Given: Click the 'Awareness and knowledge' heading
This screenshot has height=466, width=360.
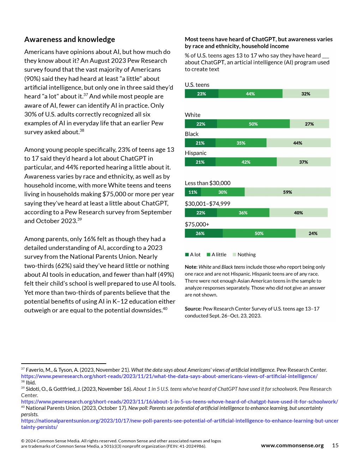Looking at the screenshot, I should [70, 40].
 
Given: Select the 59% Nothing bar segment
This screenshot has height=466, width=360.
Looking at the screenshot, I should [287, 192].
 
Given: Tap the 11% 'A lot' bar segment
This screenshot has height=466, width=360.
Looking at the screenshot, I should [193, 192].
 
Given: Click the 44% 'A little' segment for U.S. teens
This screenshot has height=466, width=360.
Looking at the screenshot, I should [250, 94].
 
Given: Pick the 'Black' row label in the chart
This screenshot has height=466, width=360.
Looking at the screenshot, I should [192, 134].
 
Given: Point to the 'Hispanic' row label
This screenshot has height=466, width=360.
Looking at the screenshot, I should [196, 153].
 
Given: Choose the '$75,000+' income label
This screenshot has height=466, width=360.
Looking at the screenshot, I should [197, 225].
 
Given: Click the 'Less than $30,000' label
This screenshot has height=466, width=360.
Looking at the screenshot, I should [208, 183].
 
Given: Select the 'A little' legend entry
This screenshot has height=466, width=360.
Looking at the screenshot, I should [217, 255].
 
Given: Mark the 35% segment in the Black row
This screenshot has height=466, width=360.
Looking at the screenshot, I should [241, 143].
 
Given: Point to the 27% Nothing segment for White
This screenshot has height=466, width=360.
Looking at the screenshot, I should [309, 124].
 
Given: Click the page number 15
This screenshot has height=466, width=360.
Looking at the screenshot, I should [335, 446].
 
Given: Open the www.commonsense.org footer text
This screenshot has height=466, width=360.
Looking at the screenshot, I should [292, 446].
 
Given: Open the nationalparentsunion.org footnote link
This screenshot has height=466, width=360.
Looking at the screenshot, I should [180, 421].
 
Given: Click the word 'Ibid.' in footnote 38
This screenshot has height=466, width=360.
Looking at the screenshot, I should [31, 383].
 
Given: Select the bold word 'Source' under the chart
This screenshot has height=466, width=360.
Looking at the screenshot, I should [193, 309].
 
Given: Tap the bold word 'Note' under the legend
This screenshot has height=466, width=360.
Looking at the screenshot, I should [191, 267].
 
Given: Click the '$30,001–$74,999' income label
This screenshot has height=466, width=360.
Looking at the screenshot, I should [208, 204].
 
